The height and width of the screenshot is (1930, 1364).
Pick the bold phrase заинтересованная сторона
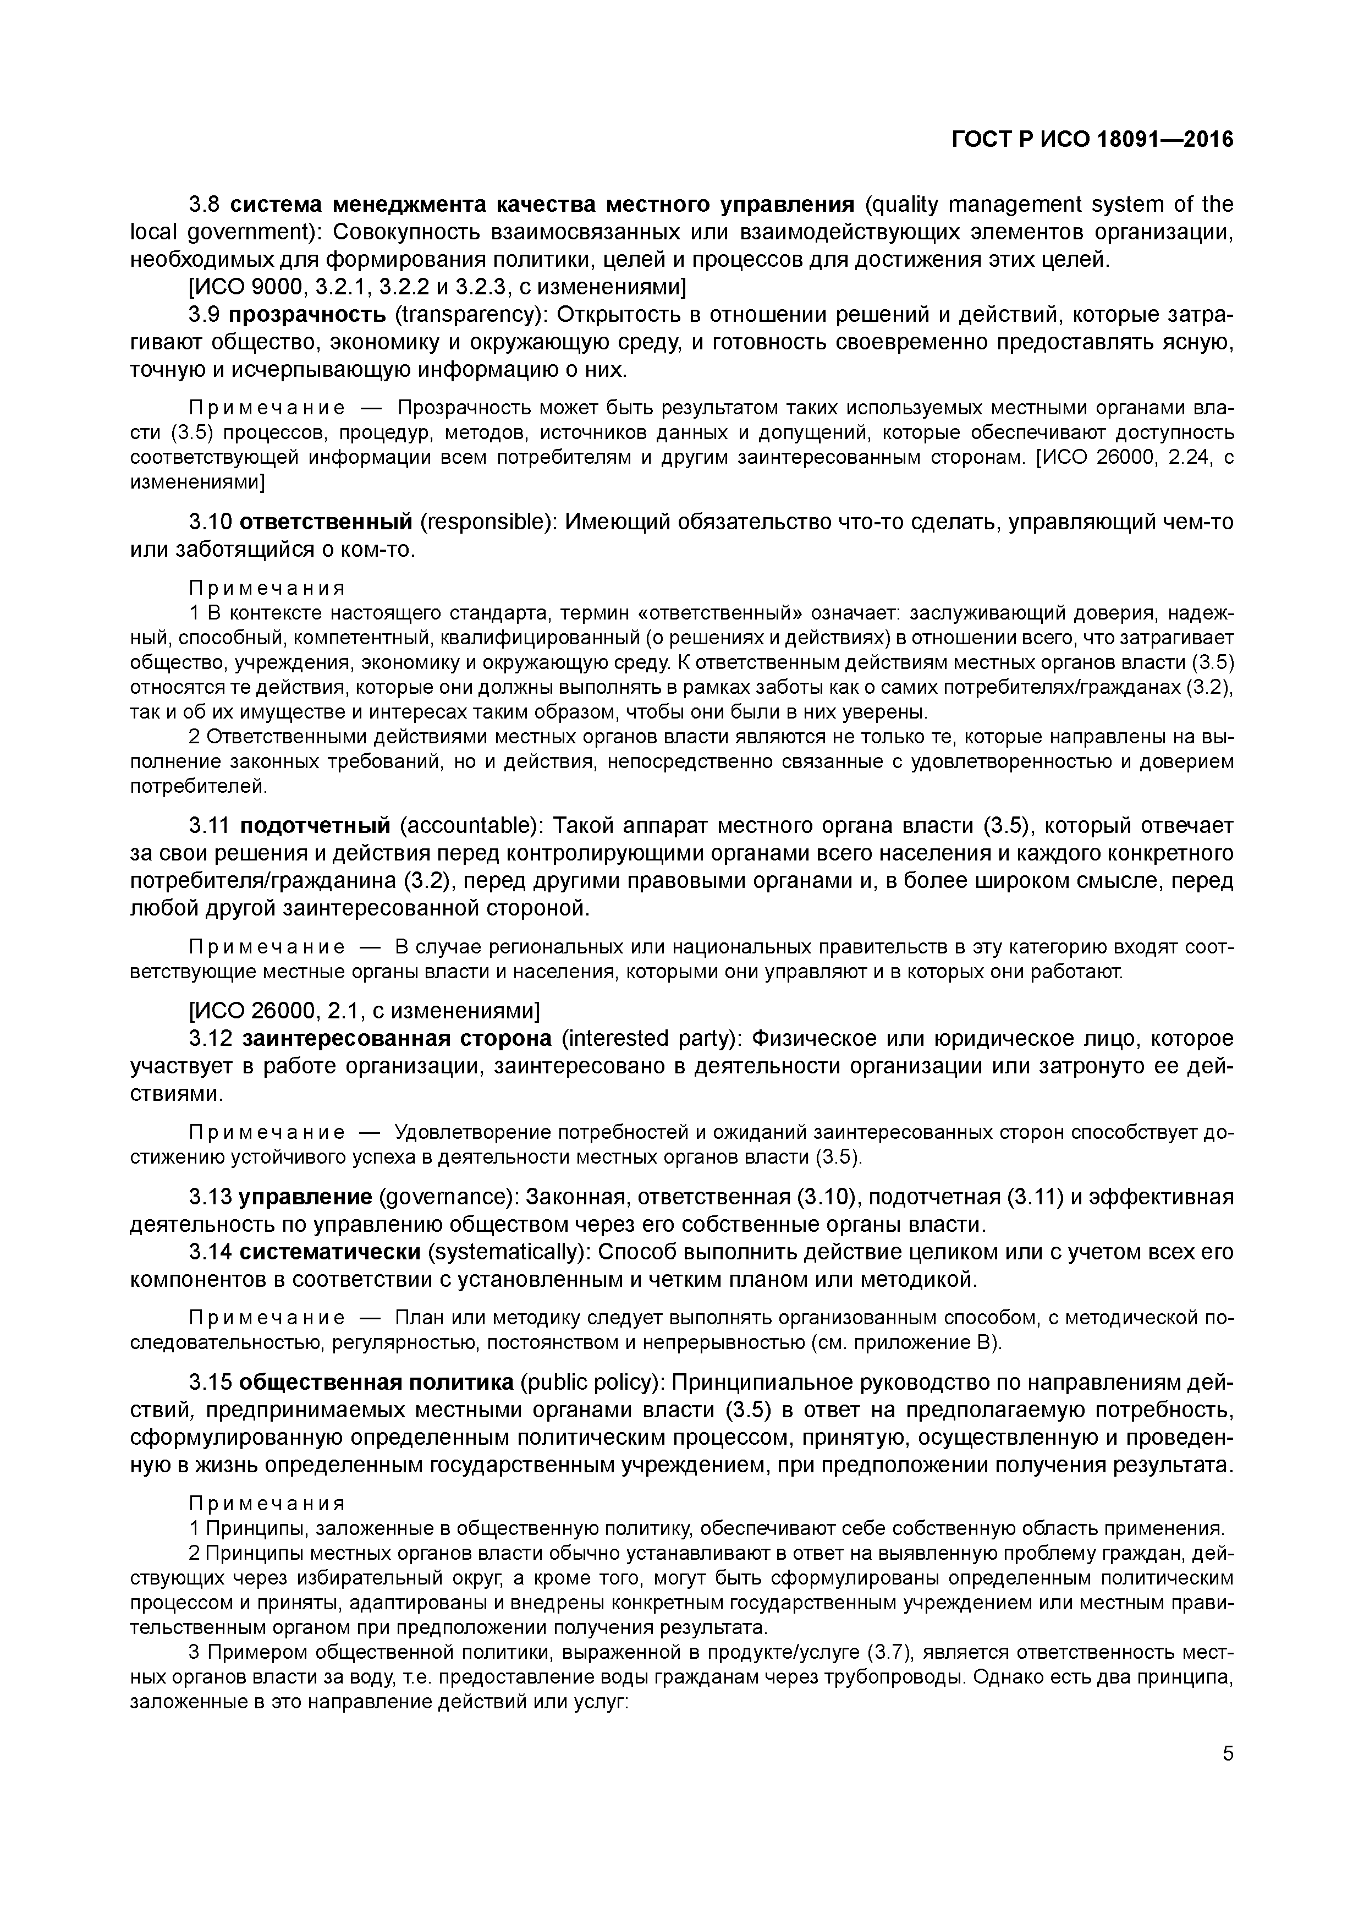pyautogui.click(x=397, y=1039)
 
